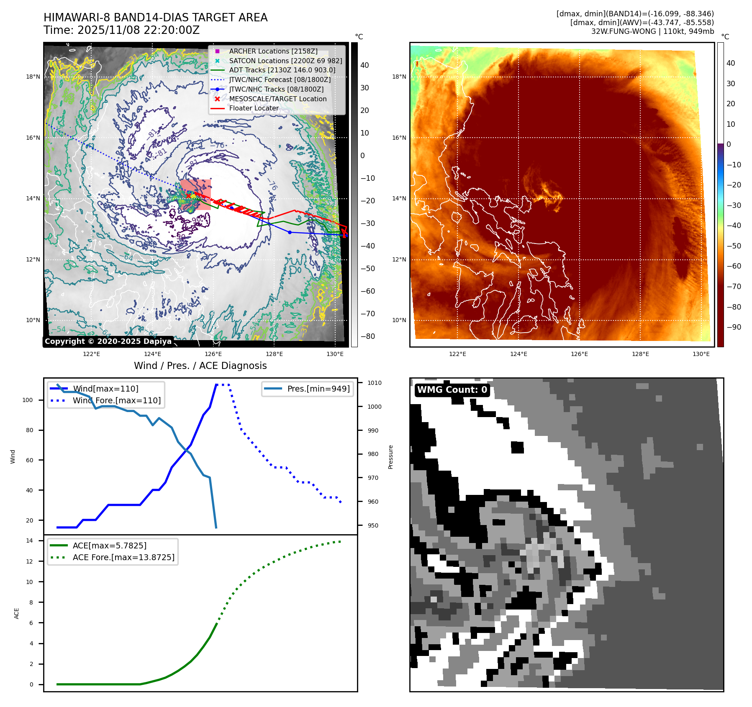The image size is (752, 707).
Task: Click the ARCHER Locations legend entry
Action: coord(273,51)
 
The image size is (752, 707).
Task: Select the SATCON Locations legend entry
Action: coord(285,61)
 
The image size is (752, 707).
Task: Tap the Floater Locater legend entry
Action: coord(254,108)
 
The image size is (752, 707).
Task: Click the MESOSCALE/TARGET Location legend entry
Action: coord(277,99)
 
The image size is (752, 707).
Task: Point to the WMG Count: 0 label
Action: coord(452,389)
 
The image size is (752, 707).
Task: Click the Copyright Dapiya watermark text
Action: coord(108,341)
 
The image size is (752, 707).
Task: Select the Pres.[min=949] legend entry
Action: coord(318,389)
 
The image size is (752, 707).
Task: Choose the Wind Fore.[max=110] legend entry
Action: coord(116,400)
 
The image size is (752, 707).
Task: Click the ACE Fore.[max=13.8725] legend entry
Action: coord(123,557)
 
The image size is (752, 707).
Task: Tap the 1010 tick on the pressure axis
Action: coord(375,383)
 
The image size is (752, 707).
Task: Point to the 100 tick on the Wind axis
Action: coord(28,400)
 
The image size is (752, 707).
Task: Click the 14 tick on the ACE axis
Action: coord(29,540)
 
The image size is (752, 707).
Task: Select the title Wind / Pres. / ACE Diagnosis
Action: coord(200,366)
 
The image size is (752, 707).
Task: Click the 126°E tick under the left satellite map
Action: coord(213,354)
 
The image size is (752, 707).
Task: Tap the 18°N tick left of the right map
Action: coord(399,77)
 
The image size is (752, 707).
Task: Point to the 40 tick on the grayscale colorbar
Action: coord(364,65)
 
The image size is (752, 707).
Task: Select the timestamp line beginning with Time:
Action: coord(121,30)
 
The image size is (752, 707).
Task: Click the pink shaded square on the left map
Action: coord(196,195)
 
